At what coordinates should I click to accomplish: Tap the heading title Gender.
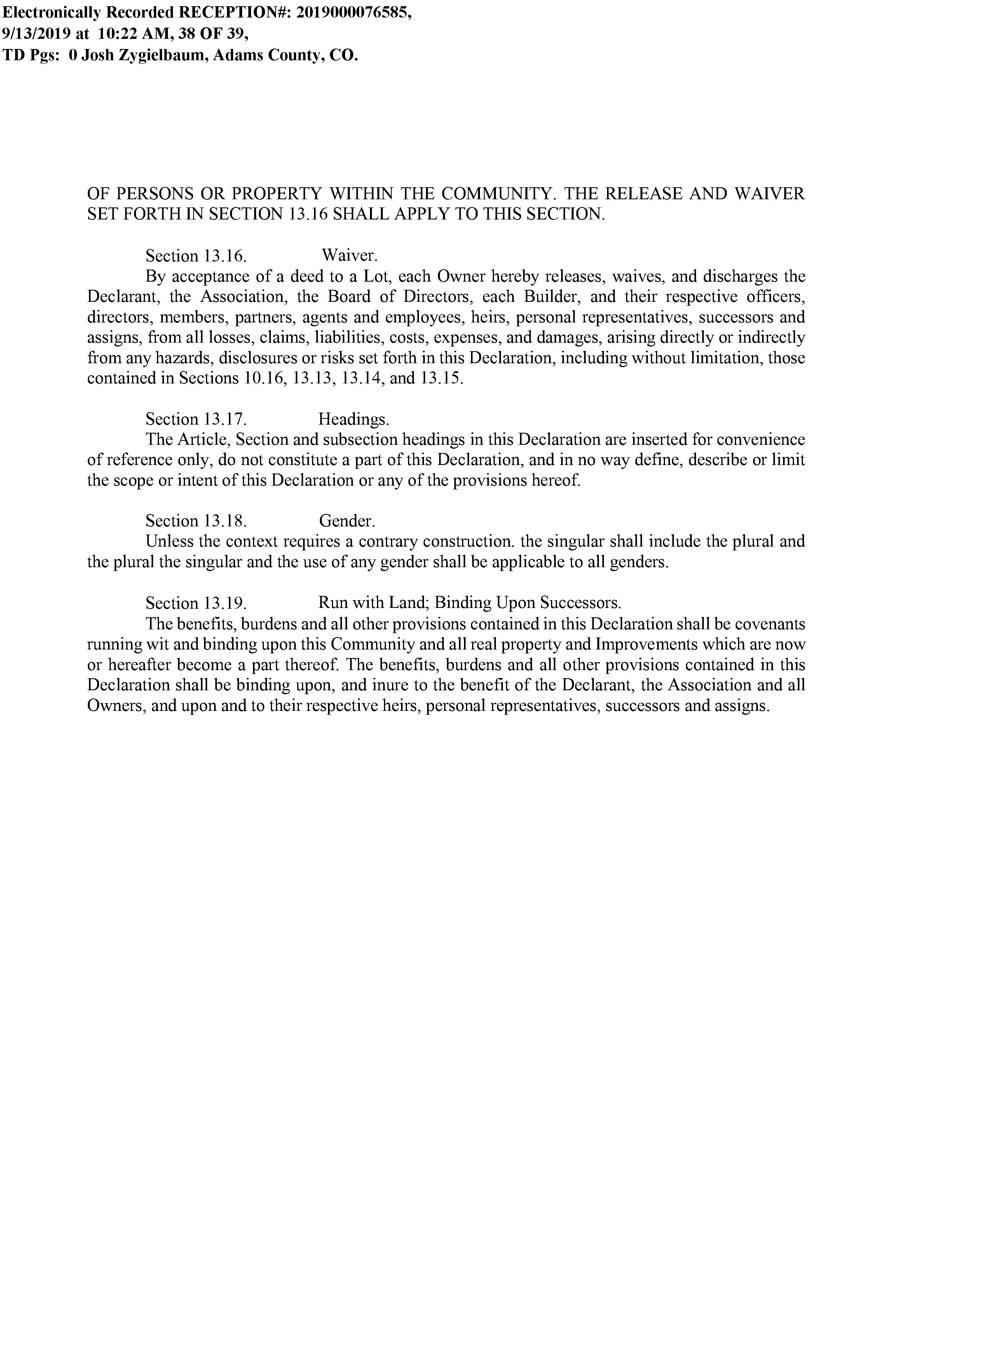click(x=347, y=521)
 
